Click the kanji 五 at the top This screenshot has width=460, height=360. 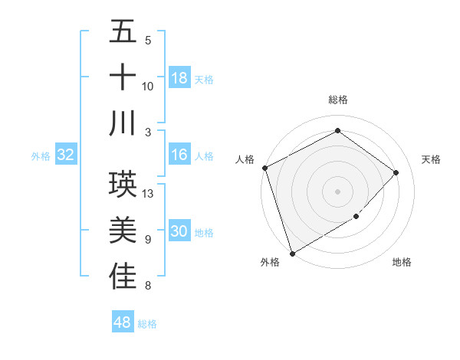[123, 32]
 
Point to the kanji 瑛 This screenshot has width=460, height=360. [123, 183]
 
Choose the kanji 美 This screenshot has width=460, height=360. [123, 229]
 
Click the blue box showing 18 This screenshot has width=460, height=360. [179, 78]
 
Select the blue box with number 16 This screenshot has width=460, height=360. [179, 155]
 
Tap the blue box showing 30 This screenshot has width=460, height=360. [179, 232]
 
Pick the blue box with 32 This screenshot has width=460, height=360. [66, 155]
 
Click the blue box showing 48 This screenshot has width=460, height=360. [123, 322]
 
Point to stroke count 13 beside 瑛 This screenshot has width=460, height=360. [149, 194]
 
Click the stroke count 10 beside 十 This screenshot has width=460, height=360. [148, 87]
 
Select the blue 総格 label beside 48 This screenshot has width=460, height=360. [147, 324]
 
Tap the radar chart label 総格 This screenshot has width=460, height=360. [337, 100]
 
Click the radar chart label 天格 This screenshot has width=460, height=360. [432, 159]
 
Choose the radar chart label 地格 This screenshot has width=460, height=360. [402, 262]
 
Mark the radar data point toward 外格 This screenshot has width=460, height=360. [292, 253]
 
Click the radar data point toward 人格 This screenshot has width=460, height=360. [264, 168]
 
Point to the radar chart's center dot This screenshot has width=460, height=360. [337, 191]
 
